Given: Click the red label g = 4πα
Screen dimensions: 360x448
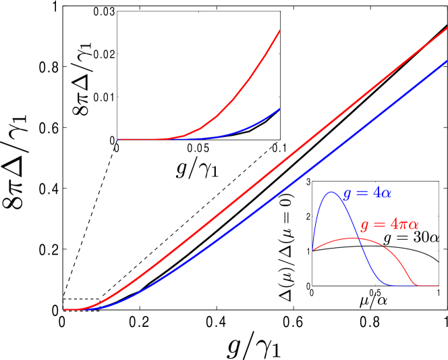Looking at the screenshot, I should pyautogui.click(x=390, y=225).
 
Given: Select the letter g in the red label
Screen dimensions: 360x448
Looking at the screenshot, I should pyautogui.click(x=364, y=226).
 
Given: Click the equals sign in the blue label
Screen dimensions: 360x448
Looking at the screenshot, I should pyautogui.click(x=362, y=194).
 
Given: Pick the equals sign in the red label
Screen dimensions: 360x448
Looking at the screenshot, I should pyautogui.click(x=379, y=225).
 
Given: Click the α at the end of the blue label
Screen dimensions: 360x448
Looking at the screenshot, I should pyautogui.click(x=386, y=194).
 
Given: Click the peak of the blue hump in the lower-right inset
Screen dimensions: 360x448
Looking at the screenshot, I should pyautogui.click(x=331, y=192).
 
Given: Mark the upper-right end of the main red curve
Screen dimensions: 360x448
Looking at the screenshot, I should pyautogui.click(x=446, y=29).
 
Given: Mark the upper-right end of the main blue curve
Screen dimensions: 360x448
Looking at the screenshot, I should pyautogui.click(x=446, y=61).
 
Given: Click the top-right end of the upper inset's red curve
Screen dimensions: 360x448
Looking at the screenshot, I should pyautogui.click(x=279, y=30).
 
